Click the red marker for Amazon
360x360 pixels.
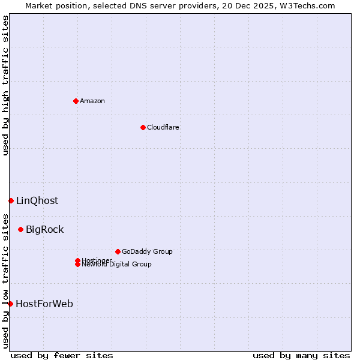(76, 101)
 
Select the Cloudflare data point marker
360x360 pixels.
(143, 127)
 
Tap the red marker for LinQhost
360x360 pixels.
(11, 200)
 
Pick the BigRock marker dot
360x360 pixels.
(20, 229)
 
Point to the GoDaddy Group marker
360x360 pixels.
(118, 251)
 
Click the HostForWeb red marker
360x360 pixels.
(10, 304)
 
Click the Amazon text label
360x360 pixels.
(92, 101)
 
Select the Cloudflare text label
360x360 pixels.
(163, 127)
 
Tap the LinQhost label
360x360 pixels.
(37, 200)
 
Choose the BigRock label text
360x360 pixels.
(44, 229)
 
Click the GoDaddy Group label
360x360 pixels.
(147, 251)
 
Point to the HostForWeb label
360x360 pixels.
(44, 304)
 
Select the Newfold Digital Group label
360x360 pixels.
(116, 265)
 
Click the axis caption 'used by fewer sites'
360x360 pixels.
(62, 355)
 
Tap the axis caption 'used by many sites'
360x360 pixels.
(301, 355)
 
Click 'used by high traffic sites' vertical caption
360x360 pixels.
(5, 86)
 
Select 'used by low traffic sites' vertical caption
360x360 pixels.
(5, 281)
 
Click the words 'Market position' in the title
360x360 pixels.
(52, 5)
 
